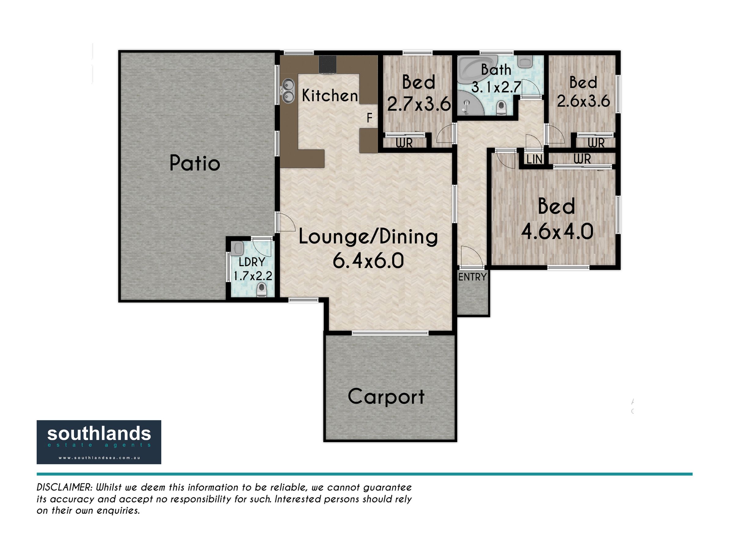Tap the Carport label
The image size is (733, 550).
click(x=386, y=397)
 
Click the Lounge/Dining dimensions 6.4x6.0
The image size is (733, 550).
click(x=368, y=261)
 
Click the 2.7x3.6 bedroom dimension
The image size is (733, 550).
click(x=418, y=104)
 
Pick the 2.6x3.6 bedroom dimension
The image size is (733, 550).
click(x=583, y=101)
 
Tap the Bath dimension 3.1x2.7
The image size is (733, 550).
click(x=496, y=87)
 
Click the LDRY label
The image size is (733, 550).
click(x=252, y=262)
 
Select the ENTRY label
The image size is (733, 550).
click(x=472, y=277)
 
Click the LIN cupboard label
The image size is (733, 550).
click(x=534, y=159)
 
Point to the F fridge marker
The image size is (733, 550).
click(x=370, y=118)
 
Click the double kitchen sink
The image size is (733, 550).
click(x=288, y=90)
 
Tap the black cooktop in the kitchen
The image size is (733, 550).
click(x=327, y=64)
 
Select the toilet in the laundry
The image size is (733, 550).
click(x=262, y=290)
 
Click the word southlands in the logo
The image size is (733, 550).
click(x=99, y=434)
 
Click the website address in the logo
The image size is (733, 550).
click(x=99, y=458)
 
